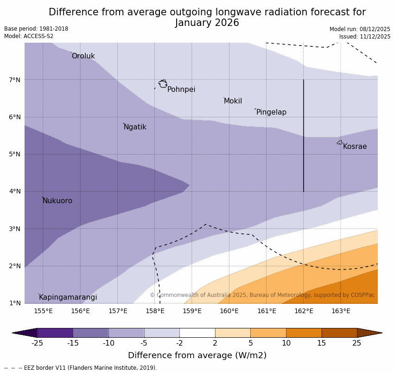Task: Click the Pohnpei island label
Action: point(181,90)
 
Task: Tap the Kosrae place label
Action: point(355,147)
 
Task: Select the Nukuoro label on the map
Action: point(57,201)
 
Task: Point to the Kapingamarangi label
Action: point(68,297)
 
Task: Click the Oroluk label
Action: point(83,56)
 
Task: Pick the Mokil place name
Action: point(233,101)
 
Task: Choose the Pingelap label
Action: point(271,112)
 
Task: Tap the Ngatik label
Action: point(135,127)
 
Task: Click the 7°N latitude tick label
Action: point(15,80)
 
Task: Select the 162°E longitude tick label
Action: point(304,311)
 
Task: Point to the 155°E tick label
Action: point(43,311)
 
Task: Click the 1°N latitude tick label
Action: point(15,303)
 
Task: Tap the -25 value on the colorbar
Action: point(37,343)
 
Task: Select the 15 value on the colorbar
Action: point(322,343)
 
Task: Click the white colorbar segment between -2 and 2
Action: point(197,333)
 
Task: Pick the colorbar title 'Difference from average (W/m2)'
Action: point(197,355)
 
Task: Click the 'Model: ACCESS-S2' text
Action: point(29,36)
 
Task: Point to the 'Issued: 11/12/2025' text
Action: point(364,37)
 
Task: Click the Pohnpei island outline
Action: point(163,84)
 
